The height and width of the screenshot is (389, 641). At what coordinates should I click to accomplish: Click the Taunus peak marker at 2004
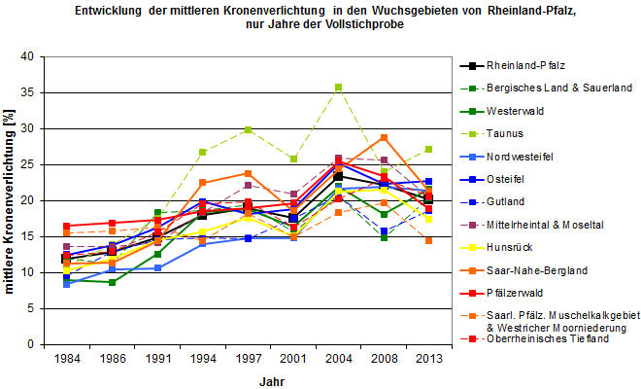(338, 88)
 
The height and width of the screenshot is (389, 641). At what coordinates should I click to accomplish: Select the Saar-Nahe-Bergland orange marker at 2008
(384, 137)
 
